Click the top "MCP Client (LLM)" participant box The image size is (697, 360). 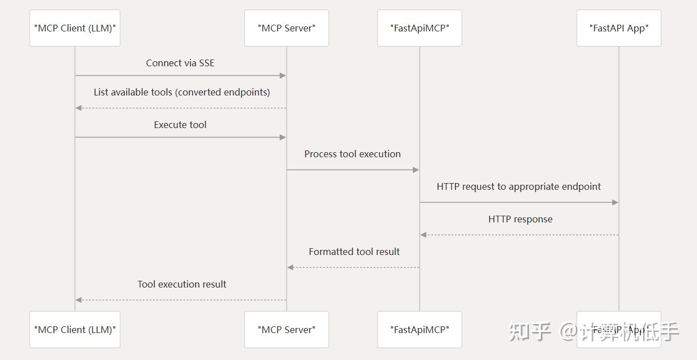coord(75,28)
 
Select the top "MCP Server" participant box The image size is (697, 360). coord(286,28)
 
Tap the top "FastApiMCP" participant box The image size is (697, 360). coord(420,28)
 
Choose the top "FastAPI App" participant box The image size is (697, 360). coord(618,28)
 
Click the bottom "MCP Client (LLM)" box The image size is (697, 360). coord(75,330)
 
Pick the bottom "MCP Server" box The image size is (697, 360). coord(286,330)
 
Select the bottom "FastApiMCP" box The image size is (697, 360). coord(420,330)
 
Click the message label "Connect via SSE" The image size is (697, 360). coord(180,63)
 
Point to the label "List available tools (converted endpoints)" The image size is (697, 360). coord(181,92)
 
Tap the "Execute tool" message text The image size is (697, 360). coord(180,125)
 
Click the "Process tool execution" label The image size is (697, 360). coord(353,154)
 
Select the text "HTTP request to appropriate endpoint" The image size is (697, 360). coord(519,186)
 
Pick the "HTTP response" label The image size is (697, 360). coord(520,219)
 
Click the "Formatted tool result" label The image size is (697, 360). coord(354,252)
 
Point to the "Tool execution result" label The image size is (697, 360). coord(182,284)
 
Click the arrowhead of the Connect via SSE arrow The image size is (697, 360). coord(283,75)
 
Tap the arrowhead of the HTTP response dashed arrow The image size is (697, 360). coord(423,235)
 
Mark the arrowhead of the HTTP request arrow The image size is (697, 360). coord(615,202)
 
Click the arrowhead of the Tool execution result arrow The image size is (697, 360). coord(79,300)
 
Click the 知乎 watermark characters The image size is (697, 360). coord(530,331)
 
